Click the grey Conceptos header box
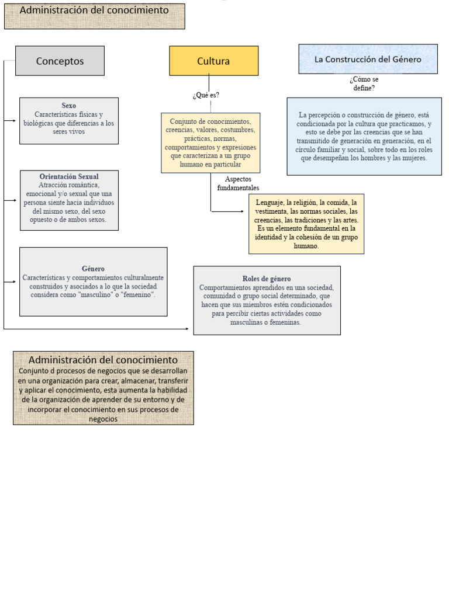coord(60,61)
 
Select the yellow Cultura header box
coord(213,61)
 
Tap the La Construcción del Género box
coord(368,59)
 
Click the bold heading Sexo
coord(69,106)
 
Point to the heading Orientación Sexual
coord(69,176)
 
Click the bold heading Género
coord(93,269)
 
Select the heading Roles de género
coord(267,279)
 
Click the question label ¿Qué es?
coord(206,95)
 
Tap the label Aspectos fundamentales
coord(238,183)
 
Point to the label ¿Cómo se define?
coord(364,84)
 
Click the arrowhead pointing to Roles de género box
coord(187,329)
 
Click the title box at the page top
coord(95,16)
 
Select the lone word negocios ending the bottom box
coord(103,419)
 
